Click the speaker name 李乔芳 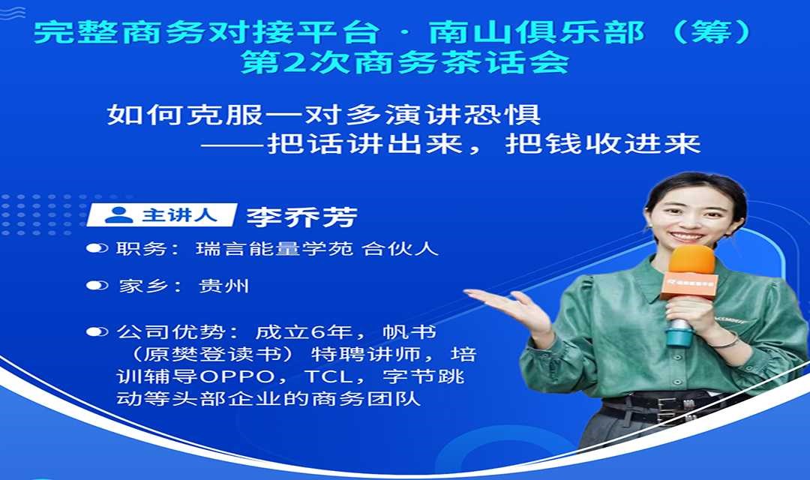(301, 217)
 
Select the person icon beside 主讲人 (118, 214)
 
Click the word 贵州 (223, 286)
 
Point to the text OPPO (237, 376)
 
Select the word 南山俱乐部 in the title (537, 32)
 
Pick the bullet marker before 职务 (97, 248)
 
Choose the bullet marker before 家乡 (97, 285)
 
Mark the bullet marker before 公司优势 (97, 331)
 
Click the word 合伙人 (400, 248)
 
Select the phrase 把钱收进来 (603, 144)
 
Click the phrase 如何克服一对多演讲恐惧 (324, 114)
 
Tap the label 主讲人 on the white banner (179, 214)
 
